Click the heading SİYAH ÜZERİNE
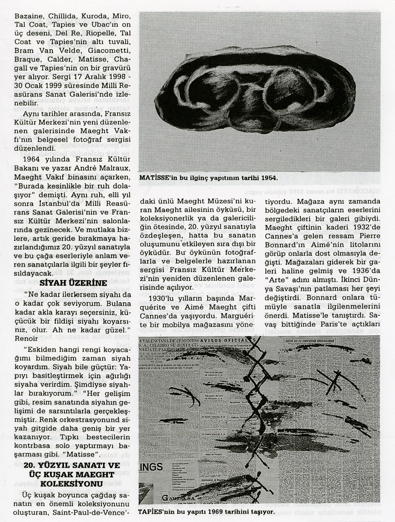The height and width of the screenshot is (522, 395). point(74,283)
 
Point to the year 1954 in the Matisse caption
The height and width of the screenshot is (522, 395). point(267,178)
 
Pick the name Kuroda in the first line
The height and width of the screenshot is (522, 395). point(93,16)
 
